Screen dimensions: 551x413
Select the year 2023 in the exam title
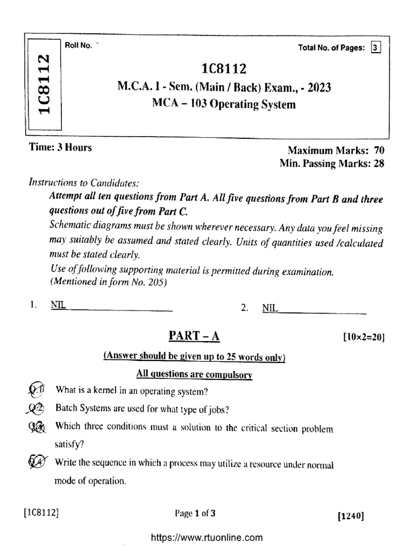pos(317,86)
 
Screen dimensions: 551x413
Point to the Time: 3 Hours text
pos(60,147)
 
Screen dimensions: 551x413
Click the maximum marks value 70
pos(378,151)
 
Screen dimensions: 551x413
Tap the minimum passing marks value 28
pos(378,164)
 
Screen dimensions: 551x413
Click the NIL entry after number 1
pos(58,305)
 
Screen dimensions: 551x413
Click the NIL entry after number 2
pos(269,308)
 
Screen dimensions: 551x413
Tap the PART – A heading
pos(195,336)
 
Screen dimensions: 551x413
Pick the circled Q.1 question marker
pos(37,389)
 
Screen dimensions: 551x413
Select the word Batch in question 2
pos(66,409)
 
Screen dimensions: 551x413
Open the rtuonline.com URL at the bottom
pos(206,537)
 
